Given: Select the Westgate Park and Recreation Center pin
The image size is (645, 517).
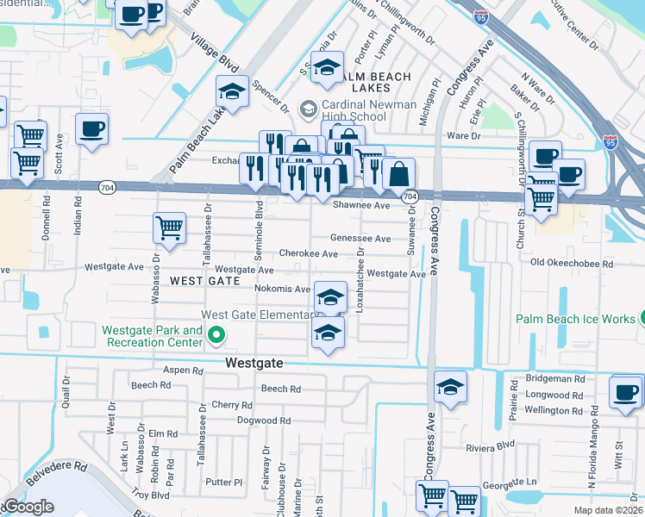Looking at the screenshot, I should pos(216,336).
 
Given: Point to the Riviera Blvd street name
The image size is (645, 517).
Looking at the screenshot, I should pos(489,447).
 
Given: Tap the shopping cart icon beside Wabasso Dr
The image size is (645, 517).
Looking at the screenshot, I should pos(169,229).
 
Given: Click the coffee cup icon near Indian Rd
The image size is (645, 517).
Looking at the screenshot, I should pos(91,130).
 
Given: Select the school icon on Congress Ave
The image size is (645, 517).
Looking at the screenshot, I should pos(450,388).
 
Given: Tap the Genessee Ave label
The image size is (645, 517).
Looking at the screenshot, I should pos(360,239).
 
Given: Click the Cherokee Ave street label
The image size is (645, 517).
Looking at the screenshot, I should pos(308,254).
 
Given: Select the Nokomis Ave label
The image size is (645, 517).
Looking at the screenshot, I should pos(282,289).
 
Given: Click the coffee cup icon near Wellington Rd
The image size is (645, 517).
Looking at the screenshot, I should pos(625,392).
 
